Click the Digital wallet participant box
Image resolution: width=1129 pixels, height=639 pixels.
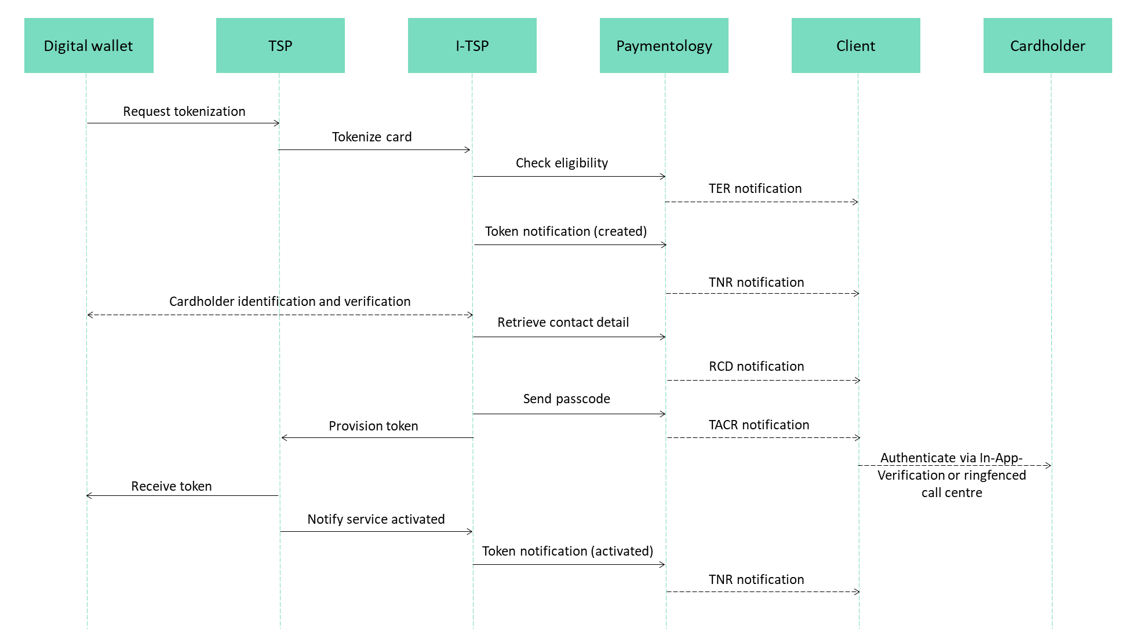pyautogui.click(x=89, y=45)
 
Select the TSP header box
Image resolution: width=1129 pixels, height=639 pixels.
pyautogui.click(x=281, y=45)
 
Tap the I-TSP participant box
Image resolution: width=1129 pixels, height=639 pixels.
pyautogui.click(x=472, y=45)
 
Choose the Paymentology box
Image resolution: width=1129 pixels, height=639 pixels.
pyautogui.click(x=664, y=45)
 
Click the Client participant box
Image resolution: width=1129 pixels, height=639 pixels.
pyautogui.click(x=856, y=45)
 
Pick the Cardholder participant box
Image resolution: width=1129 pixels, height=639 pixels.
pyautogui.click(x=1048, y=45)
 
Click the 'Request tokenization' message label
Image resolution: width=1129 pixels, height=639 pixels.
pyautogui.click(x=184, y=111)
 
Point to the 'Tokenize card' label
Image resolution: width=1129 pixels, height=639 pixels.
pyautogui.click(x=372, y=137)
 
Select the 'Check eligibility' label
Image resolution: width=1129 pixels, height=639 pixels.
pyautogui.click(x=562, y=163)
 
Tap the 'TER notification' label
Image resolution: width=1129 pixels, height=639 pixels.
pyautogui.click(x=755, y=188)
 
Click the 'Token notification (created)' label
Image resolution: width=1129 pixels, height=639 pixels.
pyautogui.click(x=566, y=231)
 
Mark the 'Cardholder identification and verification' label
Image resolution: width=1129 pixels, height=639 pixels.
pyautogui.click(x=290, y=301)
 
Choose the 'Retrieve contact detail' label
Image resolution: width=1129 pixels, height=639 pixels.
pyautogui.click(x=563, y=322)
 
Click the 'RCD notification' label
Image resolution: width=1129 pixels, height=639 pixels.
pyautogui.click(x=757, y=366)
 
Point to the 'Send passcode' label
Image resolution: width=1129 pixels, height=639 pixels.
pyautogui.click(x=567, y=399)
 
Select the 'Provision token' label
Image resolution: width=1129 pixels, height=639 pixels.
pyautogui.click(x=373, y=426)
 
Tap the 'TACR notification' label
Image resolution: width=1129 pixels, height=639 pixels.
pyautogui.click(x=759, y=425)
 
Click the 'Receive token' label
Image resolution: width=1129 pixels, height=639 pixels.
pyautogui.click(x=172, y=486)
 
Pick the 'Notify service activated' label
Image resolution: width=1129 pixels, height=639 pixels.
pyautogui.click(x=376, y=519)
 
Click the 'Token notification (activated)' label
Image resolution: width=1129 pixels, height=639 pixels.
pyautogui.click(x=568, y=551)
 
